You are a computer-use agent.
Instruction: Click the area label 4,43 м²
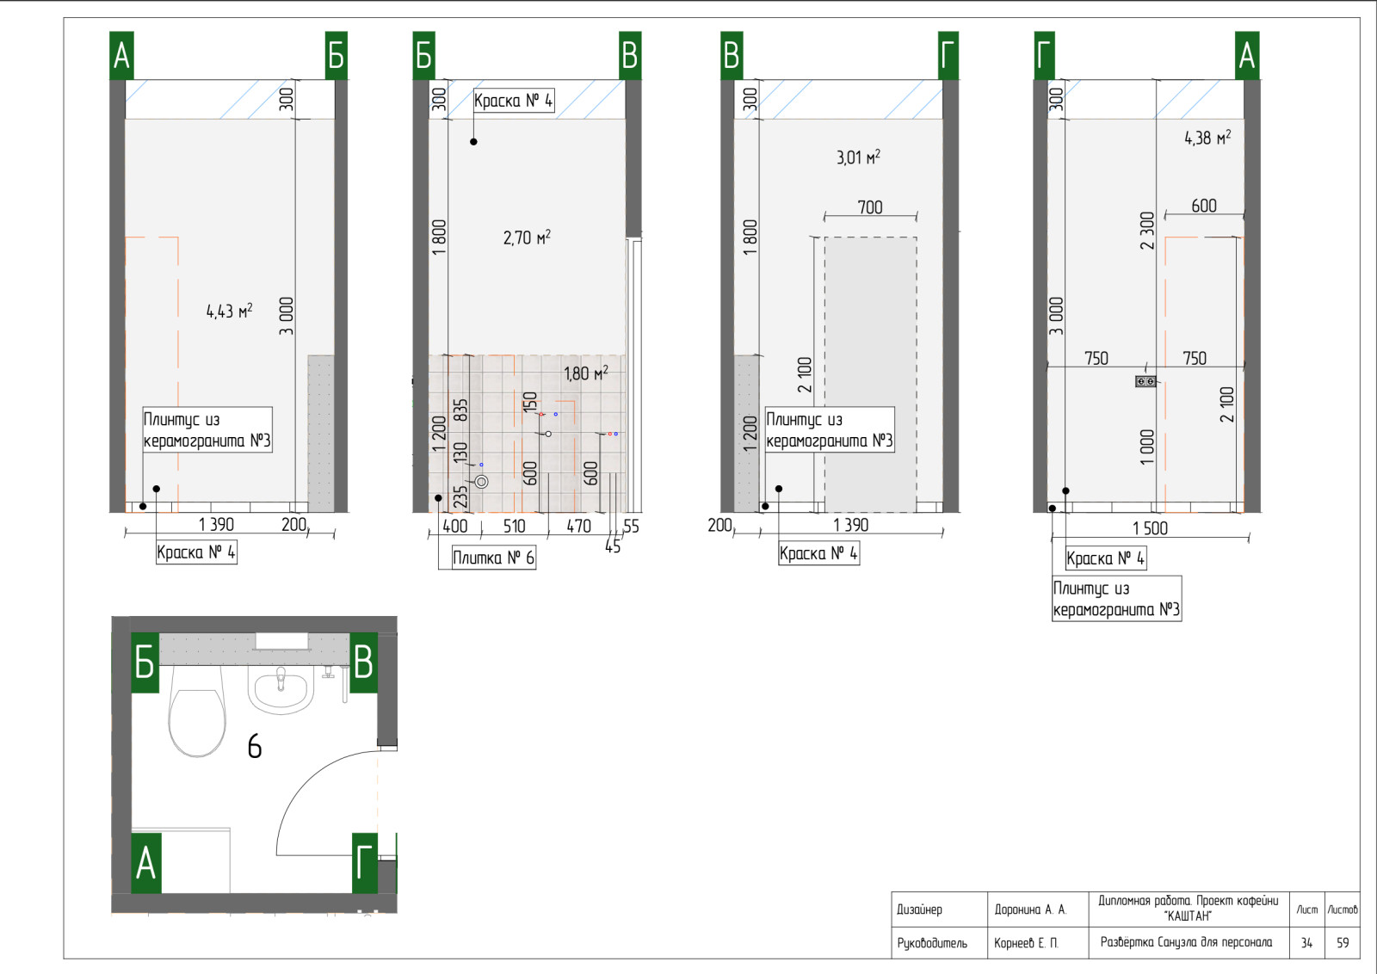[229, 311]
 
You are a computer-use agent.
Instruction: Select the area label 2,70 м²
[527, 237]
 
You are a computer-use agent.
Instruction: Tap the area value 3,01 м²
[858, 157]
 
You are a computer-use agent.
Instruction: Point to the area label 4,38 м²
[1207, 137]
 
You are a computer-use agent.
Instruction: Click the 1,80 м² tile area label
[586, 373]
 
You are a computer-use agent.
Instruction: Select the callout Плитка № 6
[494, 558]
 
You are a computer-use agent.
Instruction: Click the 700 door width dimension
[870, 207]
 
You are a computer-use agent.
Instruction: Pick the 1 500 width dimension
[1150, 527]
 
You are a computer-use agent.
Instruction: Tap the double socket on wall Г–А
[1145, 382]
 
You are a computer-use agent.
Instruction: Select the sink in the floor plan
[281, 691]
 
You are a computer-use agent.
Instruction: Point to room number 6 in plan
[255, 747]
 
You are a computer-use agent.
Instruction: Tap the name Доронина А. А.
[1030, 909]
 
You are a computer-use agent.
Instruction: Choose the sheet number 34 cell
[1306, 943]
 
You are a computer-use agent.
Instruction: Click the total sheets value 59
[1342, 943]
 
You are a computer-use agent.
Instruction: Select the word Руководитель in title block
[932, 943]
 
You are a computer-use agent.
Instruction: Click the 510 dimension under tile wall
[514, 526]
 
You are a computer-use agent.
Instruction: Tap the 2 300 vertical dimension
[1147, 231]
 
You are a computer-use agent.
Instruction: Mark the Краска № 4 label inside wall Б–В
[513, 100]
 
